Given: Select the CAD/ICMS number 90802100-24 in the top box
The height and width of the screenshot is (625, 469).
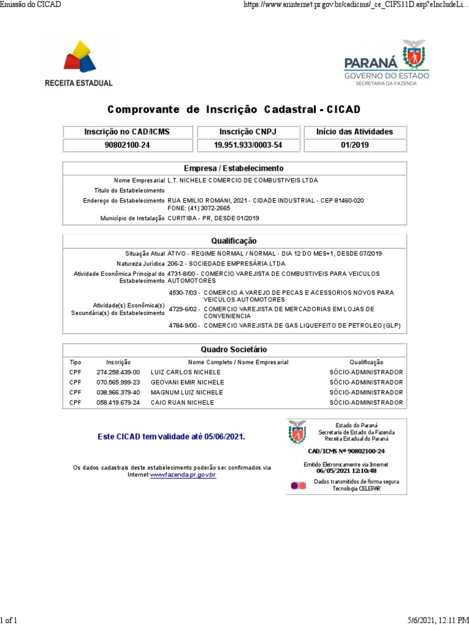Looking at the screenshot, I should (x=127, y=145).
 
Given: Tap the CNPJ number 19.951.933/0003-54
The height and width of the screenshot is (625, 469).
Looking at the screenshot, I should (x=248, y=145).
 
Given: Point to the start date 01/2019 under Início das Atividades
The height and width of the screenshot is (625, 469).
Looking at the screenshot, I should (x=354, y=145).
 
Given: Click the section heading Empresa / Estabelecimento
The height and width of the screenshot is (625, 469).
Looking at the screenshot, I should (x=234, y=168).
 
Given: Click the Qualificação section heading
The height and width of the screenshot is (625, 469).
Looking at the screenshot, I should (x=234, y=241).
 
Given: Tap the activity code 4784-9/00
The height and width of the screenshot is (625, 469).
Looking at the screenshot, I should (x=184, y=326).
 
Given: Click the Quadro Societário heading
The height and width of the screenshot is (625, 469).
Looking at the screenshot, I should (x=234, y=350).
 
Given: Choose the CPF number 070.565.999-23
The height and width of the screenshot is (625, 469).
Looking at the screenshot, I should (x=118, y=383).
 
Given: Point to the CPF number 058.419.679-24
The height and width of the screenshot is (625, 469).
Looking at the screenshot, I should (x=118, y=403).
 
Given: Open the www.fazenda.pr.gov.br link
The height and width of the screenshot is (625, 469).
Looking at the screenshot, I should (x=183, y=475).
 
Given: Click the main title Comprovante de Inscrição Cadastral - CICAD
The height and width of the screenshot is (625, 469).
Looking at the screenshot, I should (x=234, y=110).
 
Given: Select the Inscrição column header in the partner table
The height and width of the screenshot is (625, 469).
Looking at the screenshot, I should (x=118, y=363).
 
